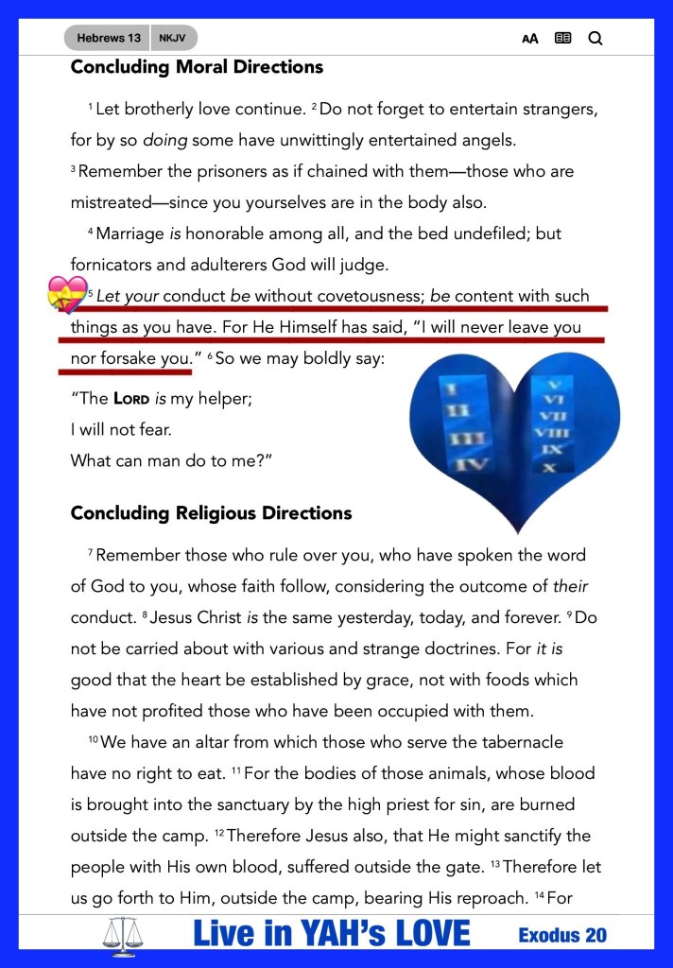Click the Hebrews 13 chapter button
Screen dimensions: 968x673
[x=109, y=38]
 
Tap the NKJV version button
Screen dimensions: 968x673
[x=171, y=38]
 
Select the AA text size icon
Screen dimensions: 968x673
[x=529, y=39]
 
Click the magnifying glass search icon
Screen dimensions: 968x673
[x=595, y=39]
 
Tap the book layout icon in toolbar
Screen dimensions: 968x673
[x=562, y=39]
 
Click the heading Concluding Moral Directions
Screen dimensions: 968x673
[x=197, y=67]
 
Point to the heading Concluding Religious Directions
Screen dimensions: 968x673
[x=211, y=513]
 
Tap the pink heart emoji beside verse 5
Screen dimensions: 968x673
[x=67, y=295]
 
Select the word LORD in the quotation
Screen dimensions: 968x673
[x=130, y=399]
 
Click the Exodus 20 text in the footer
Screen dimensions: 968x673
[x=562, y=936]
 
